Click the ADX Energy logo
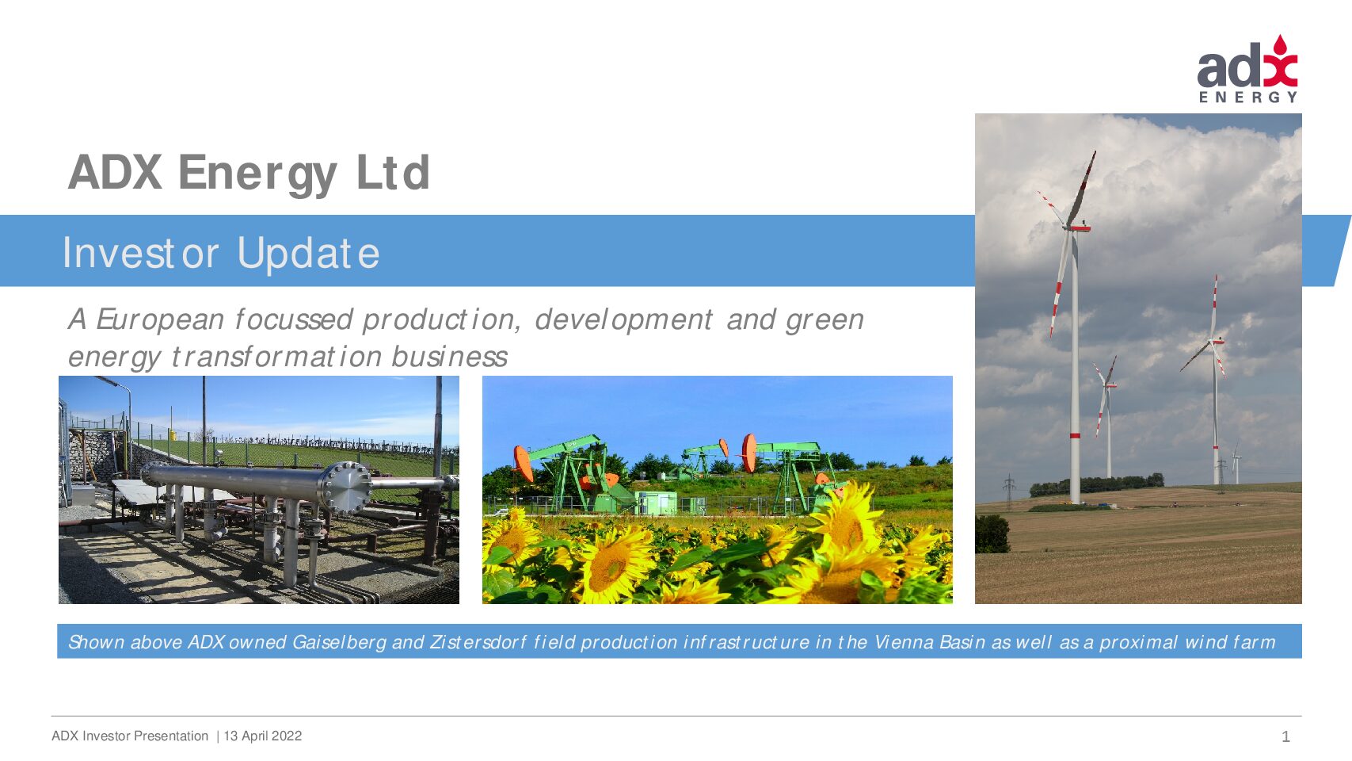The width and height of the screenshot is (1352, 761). (x=1247, y=69)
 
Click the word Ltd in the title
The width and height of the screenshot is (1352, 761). (x=393, y=173)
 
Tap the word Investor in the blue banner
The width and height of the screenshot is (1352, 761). (x=141, y=252)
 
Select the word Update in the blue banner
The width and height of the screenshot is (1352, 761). (x=308, y=254)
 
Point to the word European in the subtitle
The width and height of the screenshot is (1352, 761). (x=160, y=320)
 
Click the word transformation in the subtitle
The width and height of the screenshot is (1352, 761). (x=277, y=357)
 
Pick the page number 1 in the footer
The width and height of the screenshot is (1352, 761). (x=1285, y=736)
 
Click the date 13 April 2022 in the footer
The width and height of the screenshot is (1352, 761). (x=262, y=736)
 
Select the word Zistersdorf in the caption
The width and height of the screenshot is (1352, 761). (x=478, y=641)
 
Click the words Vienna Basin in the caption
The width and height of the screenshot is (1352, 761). (x=930, y=641)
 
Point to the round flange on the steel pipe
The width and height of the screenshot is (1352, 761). (x=346, y=488)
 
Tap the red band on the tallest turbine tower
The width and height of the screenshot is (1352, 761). (x=1075, y=435)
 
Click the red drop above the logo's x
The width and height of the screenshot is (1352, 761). (x=1279, y=44)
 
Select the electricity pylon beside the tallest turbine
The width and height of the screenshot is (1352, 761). (x=1008, y=491)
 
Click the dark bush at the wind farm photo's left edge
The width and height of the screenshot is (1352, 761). (x=992, y=533)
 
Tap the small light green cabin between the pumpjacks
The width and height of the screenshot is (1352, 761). (x=657, y=503)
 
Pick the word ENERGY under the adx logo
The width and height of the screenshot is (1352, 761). (x=1247, y=98)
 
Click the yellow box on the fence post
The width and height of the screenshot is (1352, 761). (x=173, y=434)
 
